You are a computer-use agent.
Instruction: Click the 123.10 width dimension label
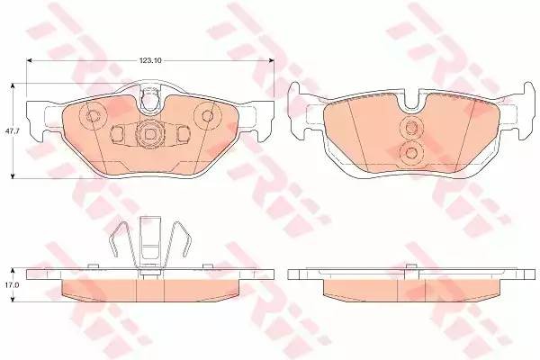coord(150,60)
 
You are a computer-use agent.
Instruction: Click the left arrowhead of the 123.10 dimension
coord(29,60)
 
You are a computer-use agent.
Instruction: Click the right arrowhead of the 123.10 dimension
coord(272,60)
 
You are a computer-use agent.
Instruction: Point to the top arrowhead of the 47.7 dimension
coord(13,85)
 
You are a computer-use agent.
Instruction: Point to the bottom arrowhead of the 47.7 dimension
coord(13,176)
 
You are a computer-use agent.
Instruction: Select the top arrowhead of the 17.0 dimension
coord(13,271)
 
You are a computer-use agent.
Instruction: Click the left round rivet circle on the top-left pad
coord(93,116)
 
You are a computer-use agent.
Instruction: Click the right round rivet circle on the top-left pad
coord(207,115)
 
